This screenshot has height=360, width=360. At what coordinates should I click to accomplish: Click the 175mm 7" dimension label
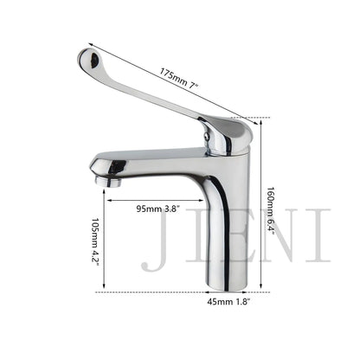click(x=178, y=75)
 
